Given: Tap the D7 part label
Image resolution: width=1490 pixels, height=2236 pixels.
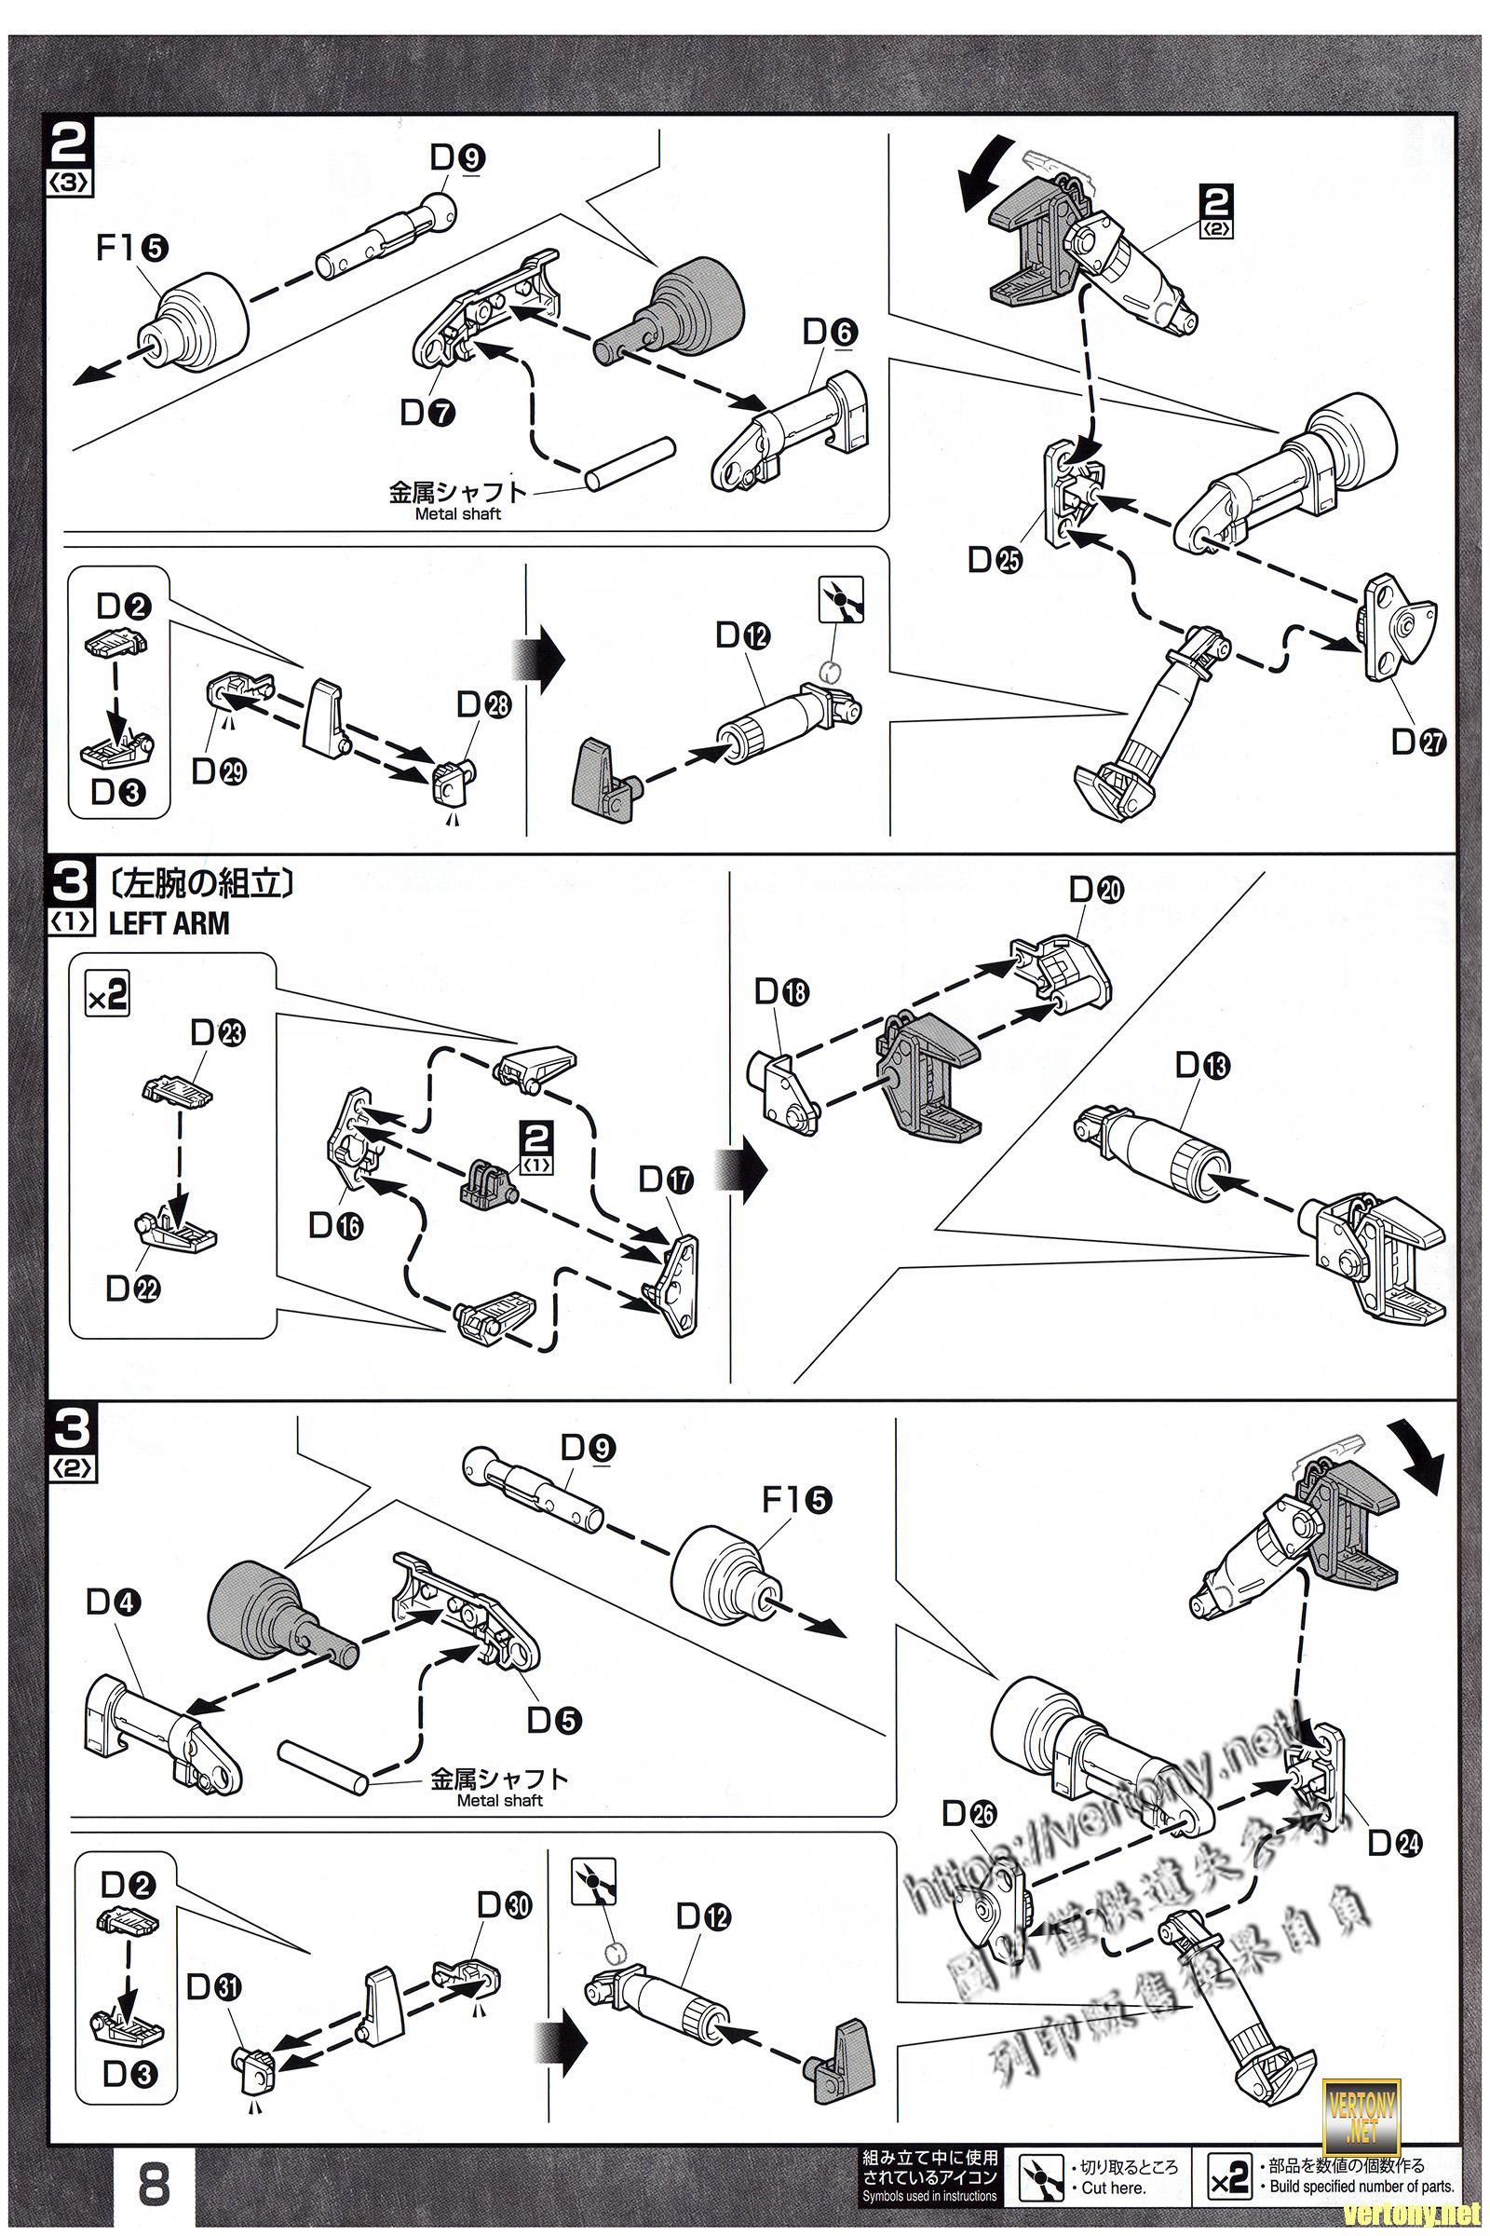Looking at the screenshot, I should [427, 413].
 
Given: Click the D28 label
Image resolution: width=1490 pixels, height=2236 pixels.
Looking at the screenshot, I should [482, 705].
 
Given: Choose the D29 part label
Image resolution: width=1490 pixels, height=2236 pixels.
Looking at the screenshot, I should [219, 771].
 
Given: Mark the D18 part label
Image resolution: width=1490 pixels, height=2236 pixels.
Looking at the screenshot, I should [781, 992].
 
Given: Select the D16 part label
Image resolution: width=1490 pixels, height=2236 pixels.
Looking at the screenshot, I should [335, 1226].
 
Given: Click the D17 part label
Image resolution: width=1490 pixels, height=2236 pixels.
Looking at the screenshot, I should [666, 1179].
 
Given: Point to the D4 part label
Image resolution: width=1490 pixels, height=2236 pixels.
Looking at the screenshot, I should [113, 1602].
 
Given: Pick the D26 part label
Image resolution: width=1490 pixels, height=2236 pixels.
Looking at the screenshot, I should [968, 1815].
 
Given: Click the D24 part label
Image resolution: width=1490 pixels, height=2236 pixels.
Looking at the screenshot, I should [1394, 1844].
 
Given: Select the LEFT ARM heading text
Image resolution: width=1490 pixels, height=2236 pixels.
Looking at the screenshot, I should [169, 923].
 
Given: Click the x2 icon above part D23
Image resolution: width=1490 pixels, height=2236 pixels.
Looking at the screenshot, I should [106, 995].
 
